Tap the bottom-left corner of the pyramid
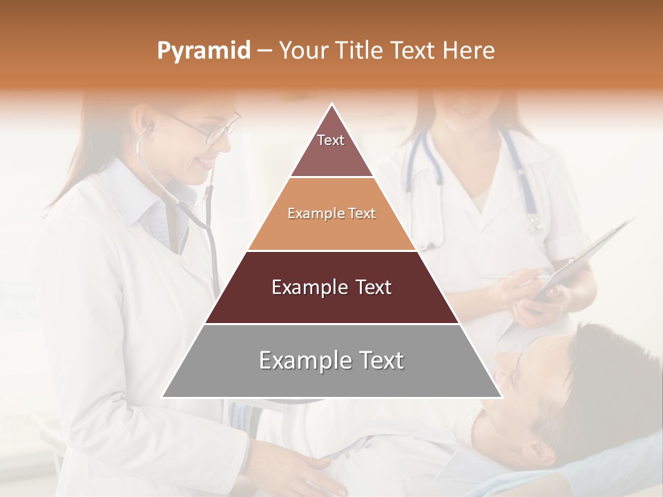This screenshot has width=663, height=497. coord(163,397)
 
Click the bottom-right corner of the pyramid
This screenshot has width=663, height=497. coord(501,397)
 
